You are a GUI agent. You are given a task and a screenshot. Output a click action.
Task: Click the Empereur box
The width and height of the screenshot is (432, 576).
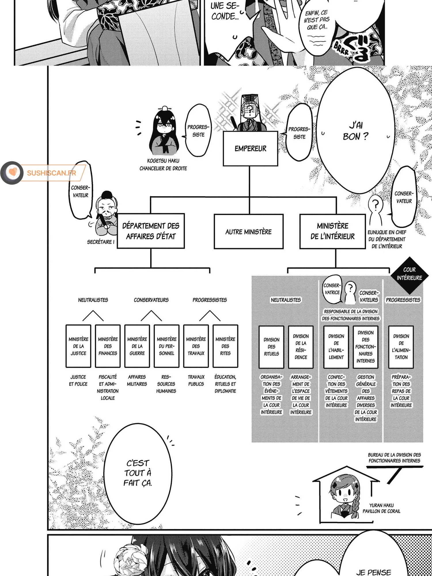point(250,149)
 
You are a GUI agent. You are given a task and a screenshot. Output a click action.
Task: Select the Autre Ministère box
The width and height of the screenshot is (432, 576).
point(249,232)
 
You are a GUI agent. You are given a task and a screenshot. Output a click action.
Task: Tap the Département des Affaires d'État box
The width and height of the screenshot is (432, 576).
point(151,231)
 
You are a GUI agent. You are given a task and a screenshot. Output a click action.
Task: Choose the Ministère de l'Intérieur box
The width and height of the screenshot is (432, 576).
point(333,231)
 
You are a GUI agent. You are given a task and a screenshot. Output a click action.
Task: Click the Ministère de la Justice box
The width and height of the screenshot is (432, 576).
point(78,346)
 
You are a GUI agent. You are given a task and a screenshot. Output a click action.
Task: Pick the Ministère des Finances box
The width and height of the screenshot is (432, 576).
point(108,346)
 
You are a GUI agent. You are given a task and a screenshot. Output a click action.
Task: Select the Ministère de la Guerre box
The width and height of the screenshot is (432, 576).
point(137,346)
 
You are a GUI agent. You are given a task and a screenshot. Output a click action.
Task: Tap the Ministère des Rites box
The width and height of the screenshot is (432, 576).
point(225,346)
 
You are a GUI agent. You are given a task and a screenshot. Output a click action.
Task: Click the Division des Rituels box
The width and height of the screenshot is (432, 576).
point(271,347)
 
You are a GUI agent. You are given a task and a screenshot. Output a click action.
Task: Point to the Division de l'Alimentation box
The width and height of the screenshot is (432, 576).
point(401,347)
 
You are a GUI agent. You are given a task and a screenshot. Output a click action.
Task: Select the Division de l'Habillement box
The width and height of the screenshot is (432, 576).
point(336,347)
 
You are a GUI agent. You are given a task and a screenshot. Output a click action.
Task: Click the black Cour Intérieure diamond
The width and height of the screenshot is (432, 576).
point(409,274)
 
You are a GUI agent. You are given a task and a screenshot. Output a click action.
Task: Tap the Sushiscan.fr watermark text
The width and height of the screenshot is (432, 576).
point(52,173)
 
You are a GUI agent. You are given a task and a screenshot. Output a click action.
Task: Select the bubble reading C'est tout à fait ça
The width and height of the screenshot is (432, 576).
point(138,473)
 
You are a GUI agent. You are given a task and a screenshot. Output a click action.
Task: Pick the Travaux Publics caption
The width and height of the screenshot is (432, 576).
point(196,380)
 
